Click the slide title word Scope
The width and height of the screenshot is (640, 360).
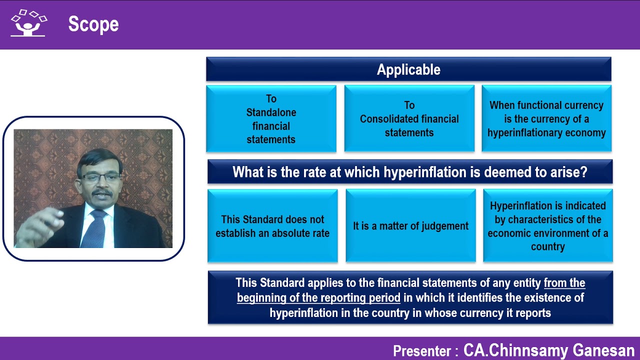click(x=93, y=24)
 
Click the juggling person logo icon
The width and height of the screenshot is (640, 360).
click(x=28, y=23)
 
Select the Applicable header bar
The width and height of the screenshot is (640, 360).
click(x=408, y=69)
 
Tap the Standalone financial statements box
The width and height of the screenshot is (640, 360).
click(x=271, y=119)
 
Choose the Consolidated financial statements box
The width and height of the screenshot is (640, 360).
click(x=409, y=119)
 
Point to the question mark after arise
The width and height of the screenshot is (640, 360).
click(x=583, y=172)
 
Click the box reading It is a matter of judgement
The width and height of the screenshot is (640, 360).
click(x=410, y=226)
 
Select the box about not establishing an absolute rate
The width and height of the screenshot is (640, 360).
click(x=272, y=226)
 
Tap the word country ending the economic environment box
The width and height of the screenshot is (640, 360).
click(x=547, y=246)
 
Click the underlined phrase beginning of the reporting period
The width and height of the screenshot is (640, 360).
click(x=318, y=298)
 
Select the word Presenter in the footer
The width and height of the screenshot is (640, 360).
click(x=421, y=351)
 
